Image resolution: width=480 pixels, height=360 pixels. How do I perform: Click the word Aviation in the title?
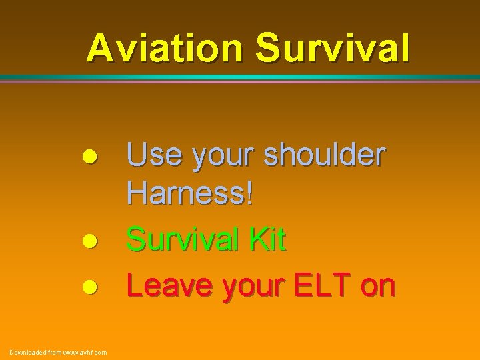[167, 48]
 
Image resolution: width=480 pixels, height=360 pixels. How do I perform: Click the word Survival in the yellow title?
[333, 48]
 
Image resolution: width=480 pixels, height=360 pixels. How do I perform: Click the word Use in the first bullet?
[154, 155]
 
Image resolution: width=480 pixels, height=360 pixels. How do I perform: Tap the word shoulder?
[324, 155]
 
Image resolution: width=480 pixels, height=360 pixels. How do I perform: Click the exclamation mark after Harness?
[249, 195]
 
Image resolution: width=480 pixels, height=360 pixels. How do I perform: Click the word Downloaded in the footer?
[27, 352]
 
